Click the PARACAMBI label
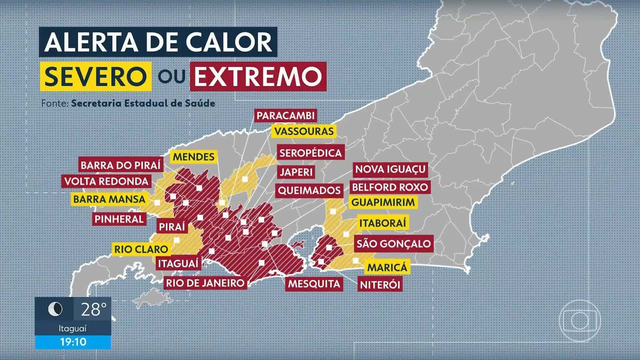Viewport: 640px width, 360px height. [x=285, y=116]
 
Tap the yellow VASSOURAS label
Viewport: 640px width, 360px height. [x=304, y=131]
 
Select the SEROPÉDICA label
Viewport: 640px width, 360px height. [x=310, y=153]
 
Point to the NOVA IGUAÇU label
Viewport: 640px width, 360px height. [x=390, y=169]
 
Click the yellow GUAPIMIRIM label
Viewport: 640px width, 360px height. [x=383, y=202]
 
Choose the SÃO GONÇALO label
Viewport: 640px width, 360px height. [x=394, y=244]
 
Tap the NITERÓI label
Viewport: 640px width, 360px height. [x=380, y=285]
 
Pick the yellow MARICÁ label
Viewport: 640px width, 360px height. [x=387, y=267]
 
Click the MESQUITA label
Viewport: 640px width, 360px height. [x=314, y=284]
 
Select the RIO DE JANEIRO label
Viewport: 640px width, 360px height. [x=205, y=283]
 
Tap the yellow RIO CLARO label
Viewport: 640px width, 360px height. [x=141, y=249]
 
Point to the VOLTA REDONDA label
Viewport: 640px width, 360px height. [x=106, y=181]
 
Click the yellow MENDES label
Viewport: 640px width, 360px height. [x=194, y=157]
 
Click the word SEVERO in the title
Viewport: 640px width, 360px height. [x=96, y=76]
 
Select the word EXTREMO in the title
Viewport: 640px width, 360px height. [x=258, y=76]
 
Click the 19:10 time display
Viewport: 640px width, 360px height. [x=73, y=342]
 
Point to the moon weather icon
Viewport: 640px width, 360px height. [x=55, y=309]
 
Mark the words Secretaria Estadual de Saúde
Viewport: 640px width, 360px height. [x=143, y=103]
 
